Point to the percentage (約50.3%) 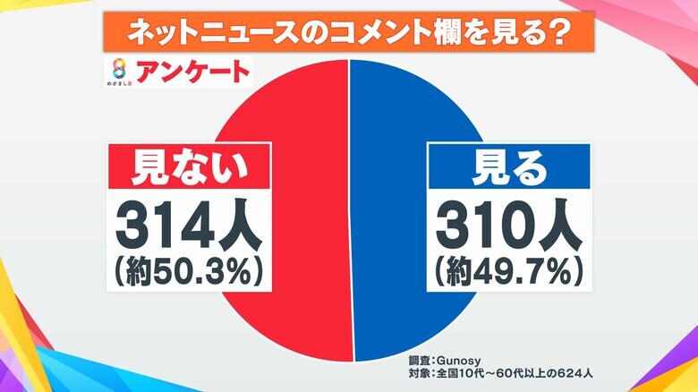click(x=190, y=270)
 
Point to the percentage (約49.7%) click(x=508, y=270)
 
